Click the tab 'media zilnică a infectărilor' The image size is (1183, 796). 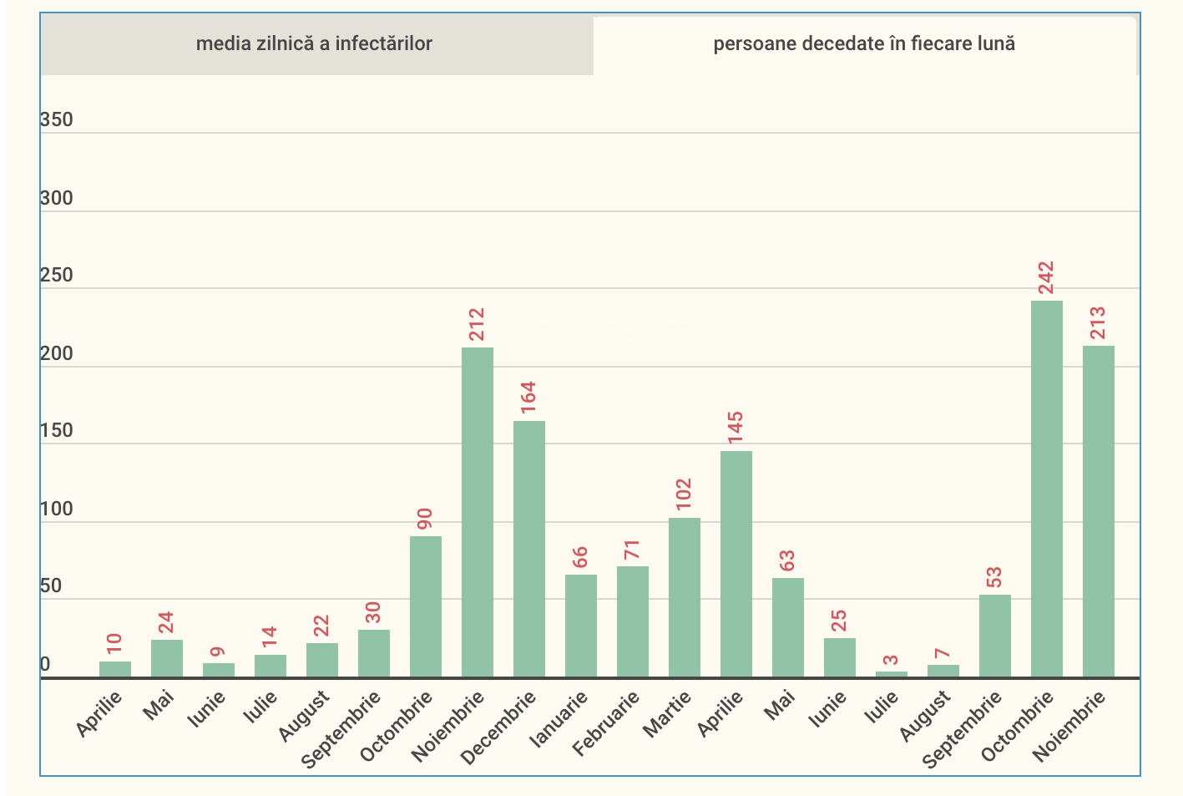click(x=314, y=44)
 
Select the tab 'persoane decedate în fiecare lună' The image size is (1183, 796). click(x=864, y=44)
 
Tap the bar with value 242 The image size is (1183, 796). click(x=1046, y=489)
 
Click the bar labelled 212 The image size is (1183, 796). click(x=478, y=512)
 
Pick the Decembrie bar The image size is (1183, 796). click(x=529, y=549)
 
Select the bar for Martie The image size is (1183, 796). click(x=685, y=597)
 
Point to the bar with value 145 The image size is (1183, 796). click(x=736, y=564)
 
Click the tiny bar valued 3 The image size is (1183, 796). click(x=892, y=673)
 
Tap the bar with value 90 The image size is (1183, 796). click(x=426, y=606)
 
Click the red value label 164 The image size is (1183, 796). click(x=528, y=398)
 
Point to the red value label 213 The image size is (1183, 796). click(x=1098, y=323)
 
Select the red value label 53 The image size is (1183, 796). click(x=994, y=577)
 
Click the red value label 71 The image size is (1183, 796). click(x=632, y=550)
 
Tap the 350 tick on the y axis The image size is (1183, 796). click(x=57, y=120)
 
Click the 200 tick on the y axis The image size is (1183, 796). click(x=57, y=354)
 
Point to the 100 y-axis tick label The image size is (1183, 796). click(x=57, y=510)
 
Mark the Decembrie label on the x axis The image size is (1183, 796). click(x=498, y=728)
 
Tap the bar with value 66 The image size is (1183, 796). click(x=581, y=626)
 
